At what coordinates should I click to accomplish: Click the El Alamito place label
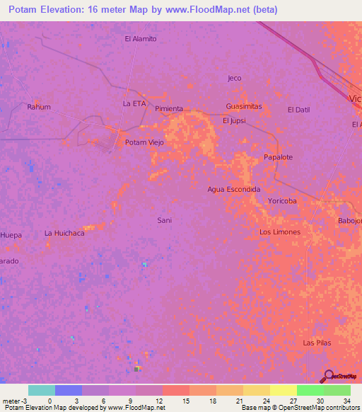(140, 39)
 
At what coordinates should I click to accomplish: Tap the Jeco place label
(235, 78)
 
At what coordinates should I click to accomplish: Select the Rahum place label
(38, 107)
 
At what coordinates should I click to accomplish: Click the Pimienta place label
(169, 108)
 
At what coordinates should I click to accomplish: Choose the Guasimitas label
(244, 106)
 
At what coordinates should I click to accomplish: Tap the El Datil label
(299, 110)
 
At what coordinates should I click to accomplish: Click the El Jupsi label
(234, 120)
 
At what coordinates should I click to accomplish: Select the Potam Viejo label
(144, 142)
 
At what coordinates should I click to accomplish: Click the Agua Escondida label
(234, 190)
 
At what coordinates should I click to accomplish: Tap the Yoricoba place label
(282, 201)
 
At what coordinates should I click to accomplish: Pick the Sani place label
(164, 220)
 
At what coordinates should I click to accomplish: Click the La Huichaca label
(64, 232)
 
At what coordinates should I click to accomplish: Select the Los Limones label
(280, 232)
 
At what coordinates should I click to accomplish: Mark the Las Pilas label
(317, 343)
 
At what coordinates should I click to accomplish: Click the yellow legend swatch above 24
(256, 390)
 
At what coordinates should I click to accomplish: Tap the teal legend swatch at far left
(42, 390)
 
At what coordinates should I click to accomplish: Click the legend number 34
(346, 400)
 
